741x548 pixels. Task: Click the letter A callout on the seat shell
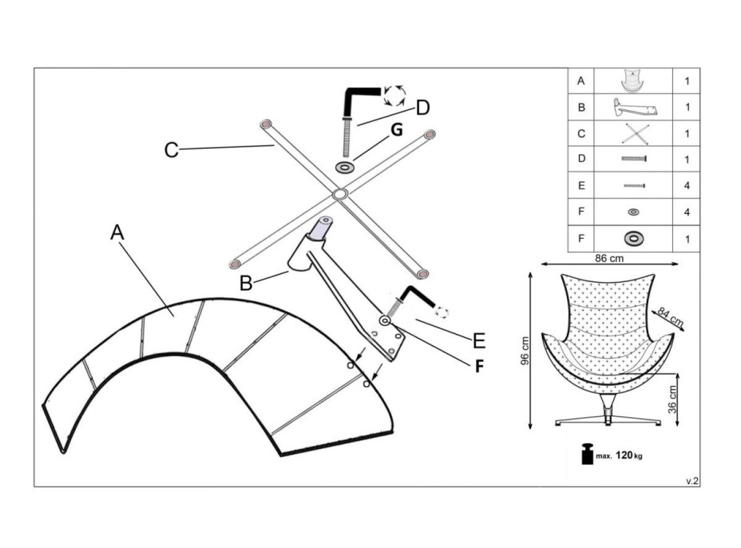coord(117,232)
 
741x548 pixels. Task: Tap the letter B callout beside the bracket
coord(246,283)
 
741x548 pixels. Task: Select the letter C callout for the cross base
coord(171,149)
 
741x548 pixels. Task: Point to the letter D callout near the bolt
coord(422,107)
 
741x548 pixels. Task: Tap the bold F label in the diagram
coord(480,368)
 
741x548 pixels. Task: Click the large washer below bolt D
coord(346,168)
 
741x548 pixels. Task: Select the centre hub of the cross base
coord(339,193)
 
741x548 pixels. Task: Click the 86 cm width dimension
coord(610,259)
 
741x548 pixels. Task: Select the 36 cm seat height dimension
coord(673,396)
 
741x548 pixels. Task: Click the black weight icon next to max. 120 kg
coord(587,454)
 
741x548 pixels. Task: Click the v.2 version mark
coord(691,481)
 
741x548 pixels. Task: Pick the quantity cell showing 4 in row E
coord(687,185)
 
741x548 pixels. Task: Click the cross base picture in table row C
coord(633,133)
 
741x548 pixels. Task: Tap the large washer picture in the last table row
coord(633,238)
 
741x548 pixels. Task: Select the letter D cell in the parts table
coord(581,159)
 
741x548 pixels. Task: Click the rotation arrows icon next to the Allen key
coord(394,95)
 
